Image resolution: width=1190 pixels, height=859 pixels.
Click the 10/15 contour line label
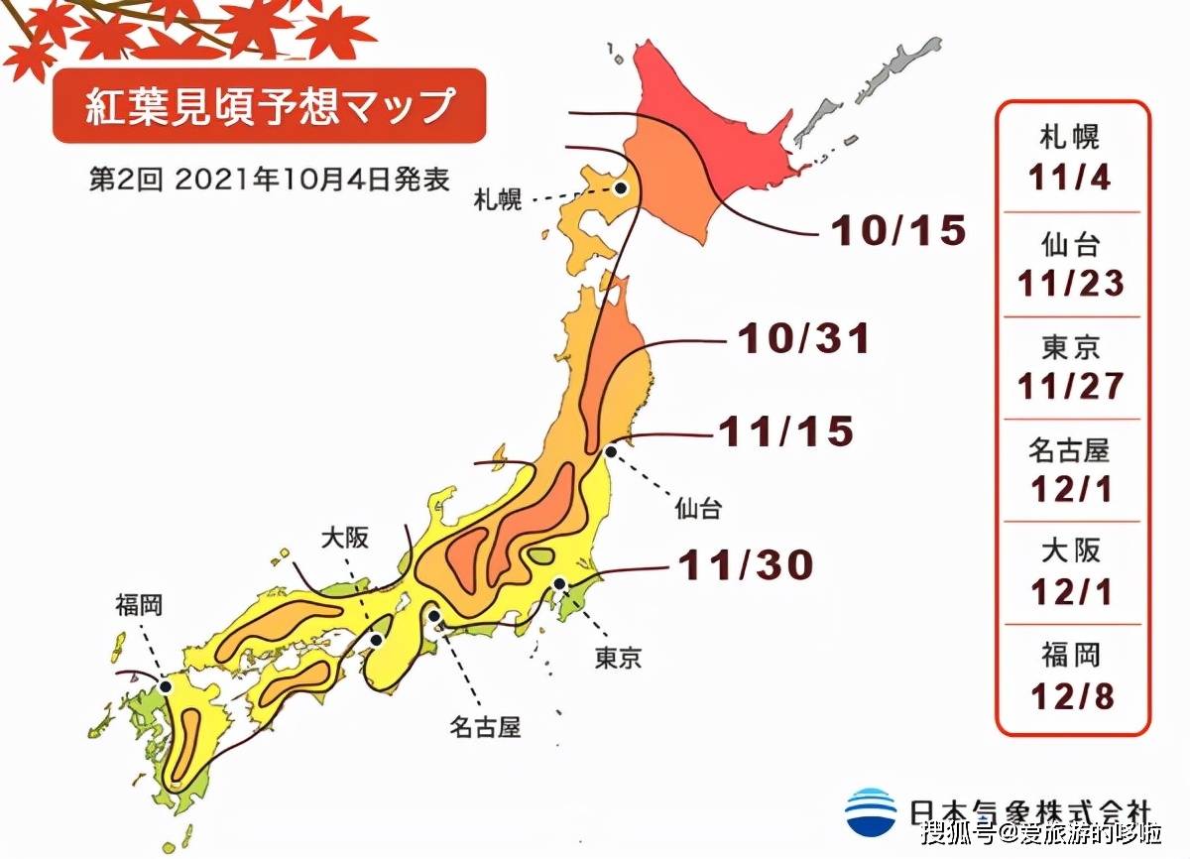(897, 231)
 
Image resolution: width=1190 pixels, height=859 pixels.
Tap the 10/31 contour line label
(803, 339)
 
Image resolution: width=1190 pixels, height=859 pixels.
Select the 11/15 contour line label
(785, 431)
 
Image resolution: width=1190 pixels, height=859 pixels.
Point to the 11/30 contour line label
(746, 565)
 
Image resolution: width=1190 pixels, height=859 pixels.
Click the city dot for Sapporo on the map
(618, 187)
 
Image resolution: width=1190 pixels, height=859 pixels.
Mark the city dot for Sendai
(611, 451)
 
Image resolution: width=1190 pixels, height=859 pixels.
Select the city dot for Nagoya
(434, 616)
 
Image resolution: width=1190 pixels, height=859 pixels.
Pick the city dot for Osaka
(376, 640)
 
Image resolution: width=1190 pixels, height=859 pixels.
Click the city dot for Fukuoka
(166, 685)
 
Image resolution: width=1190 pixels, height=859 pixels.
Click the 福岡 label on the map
(139, 603)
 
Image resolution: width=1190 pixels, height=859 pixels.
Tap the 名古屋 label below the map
(485, 728)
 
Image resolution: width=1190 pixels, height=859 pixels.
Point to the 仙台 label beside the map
(698, 510)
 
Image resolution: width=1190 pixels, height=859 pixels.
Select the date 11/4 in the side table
(1070, 179)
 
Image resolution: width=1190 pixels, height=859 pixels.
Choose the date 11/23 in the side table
(1070, 284)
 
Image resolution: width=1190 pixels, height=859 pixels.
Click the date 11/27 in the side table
(1070, 386)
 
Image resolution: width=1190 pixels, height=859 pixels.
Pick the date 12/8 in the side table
(1070, 696)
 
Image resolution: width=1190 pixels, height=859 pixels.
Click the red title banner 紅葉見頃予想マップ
(269, 105)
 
